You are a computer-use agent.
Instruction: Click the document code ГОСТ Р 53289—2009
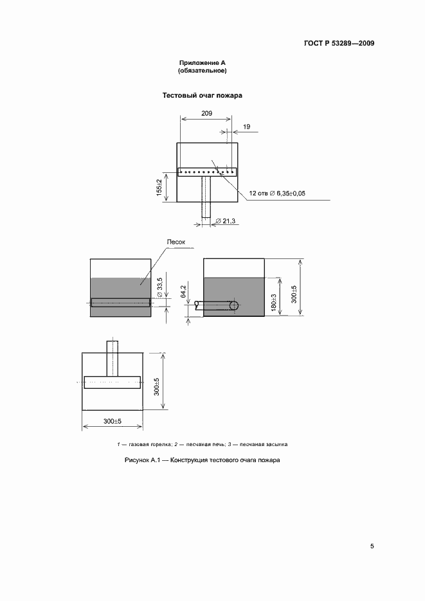click(x=339, y=44)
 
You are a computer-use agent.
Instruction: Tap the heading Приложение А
click(x=203, y=63)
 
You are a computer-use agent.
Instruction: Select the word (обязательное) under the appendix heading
click(x=203, y=71)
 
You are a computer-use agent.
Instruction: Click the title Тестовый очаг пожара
click(x=202, y=96)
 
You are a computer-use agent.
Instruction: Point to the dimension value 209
click(x=206, y=113)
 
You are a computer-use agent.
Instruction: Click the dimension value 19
click(x=247, y=127)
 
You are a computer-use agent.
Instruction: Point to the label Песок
click(x=177, y=242)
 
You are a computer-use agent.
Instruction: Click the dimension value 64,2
click(x=183, y=291)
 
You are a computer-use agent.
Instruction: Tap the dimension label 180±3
click(x=273, y=303)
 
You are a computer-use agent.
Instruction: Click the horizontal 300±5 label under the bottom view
click(x=113, y=421)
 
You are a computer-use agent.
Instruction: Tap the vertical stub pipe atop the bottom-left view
click(x=113, y=357)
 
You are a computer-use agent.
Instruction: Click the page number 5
click(x=372, y=546)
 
